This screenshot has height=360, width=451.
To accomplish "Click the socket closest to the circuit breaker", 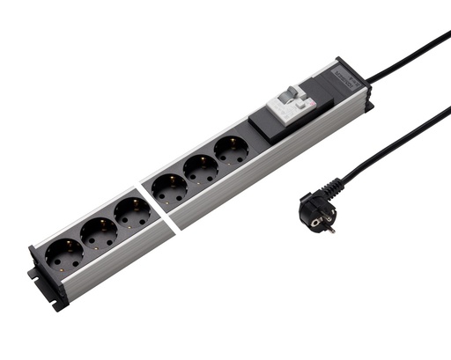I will point(232,150).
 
